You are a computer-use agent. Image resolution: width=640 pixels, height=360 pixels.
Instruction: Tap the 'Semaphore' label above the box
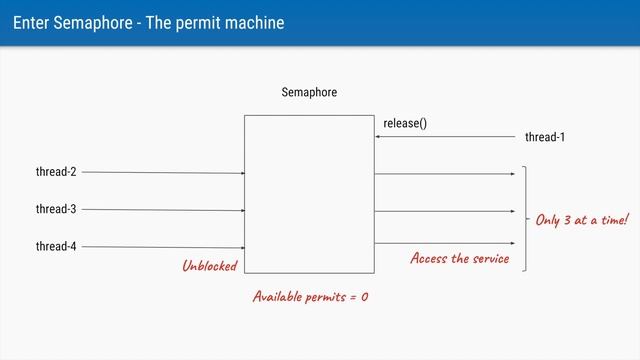click(309, 93)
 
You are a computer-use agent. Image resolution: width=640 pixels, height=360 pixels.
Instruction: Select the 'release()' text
click(405, 123)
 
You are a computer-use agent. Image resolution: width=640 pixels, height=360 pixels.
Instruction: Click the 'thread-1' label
click(545, 137)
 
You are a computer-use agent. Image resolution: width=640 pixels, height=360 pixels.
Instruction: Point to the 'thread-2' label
click(56, 172)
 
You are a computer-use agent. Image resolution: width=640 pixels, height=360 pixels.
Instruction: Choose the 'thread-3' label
click(56, 209)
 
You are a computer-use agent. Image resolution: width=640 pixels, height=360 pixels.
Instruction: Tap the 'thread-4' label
click(56, 246)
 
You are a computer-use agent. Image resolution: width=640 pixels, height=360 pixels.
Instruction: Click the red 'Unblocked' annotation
click(209, 266)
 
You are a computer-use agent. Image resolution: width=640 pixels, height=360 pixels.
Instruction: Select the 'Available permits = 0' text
click(310, 297)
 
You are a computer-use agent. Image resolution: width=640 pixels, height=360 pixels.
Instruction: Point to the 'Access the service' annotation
click(459, 259)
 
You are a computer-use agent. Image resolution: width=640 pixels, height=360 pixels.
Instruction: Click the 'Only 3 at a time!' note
click(582, 219)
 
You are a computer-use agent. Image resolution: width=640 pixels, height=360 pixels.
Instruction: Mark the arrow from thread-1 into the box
click(450, 137)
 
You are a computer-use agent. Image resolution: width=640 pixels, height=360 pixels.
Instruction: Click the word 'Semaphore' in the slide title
click(87, 23)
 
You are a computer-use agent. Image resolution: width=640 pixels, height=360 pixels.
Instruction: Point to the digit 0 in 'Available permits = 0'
click(364, 297)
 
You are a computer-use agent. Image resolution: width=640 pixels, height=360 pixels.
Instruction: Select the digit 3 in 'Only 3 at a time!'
click(567, 219)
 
